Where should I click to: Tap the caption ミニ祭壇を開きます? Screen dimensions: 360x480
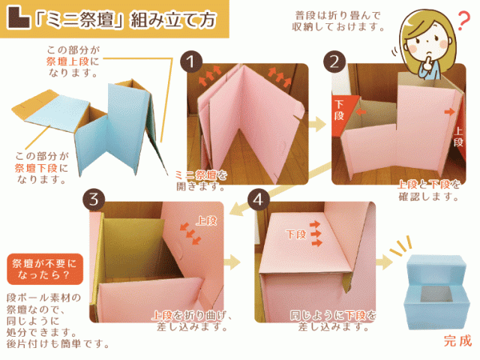200,181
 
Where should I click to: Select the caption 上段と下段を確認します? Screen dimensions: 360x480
427,190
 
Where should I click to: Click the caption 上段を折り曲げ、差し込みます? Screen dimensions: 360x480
187,322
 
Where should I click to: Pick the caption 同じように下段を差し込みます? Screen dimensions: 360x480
334,322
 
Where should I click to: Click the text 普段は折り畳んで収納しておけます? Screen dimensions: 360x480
337,21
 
